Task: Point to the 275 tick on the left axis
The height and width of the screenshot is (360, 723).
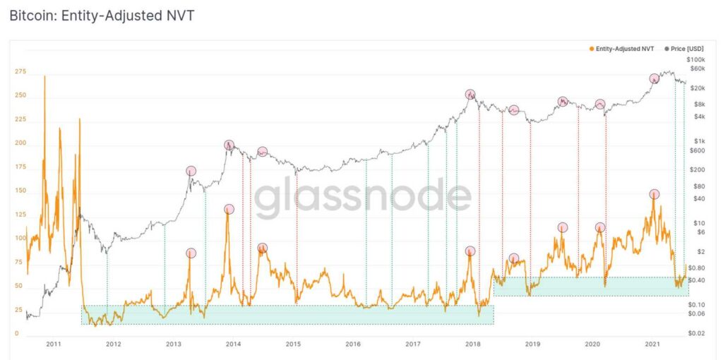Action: (x=19, y=71)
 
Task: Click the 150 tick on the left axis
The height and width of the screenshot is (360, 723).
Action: (x=19, y=191)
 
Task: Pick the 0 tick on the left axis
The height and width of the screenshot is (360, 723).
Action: (x=16, y=333)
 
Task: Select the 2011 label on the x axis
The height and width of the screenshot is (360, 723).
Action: (x=53, y=344)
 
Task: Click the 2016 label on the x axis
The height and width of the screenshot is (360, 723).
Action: (x=353, y=344)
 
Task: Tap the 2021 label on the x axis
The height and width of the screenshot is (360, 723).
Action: (x=653, y=344)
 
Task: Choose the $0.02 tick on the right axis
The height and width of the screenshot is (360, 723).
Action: (x=698, y=332)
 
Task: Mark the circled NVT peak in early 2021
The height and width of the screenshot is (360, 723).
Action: (x=655, y=194)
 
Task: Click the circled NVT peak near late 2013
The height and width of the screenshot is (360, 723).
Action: (x=229, y=209)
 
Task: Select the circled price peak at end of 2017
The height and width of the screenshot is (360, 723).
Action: (x=470, y=95)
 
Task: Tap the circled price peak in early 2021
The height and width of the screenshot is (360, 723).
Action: (x=655, y=78)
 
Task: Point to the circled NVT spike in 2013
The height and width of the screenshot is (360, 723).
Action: (x=191, y=253)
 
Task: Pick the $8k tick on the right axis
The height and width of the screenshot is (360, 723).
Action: (x=700, y=104)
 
